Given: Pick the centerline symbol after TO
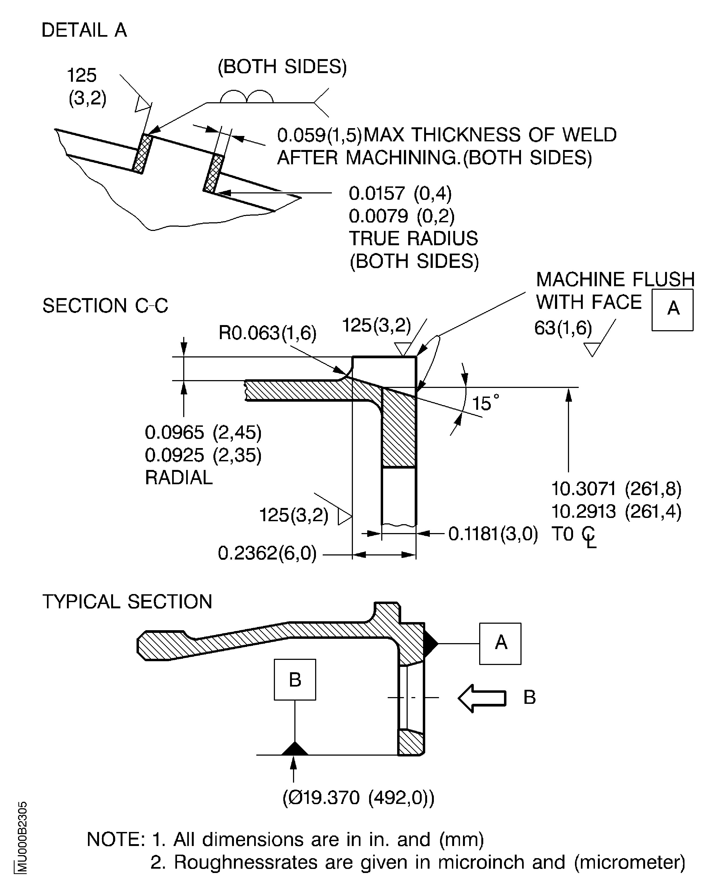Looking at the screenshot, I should coord(589,537).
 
